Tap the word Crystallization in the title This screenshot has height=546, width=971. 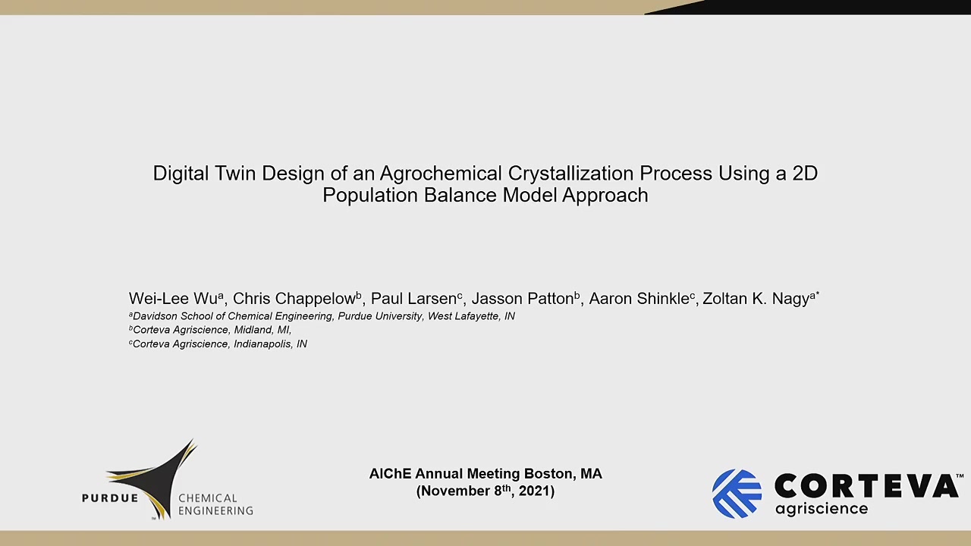570,174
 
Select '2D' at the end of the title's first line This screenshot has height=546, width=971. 805,174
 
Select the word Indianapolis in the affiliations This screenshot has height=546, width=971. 262,344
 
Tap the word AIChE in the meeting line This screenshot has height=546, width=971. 390,474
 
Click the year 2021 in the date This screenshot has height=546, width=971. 534,491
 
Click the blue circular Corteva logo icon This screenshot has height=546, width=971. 737,494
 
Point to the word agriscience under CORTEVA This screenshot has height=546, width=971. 822,509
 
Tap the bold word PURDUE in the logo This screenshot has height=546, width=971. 110,498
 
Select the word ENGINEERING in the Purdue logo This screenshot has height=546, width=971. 216,511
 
